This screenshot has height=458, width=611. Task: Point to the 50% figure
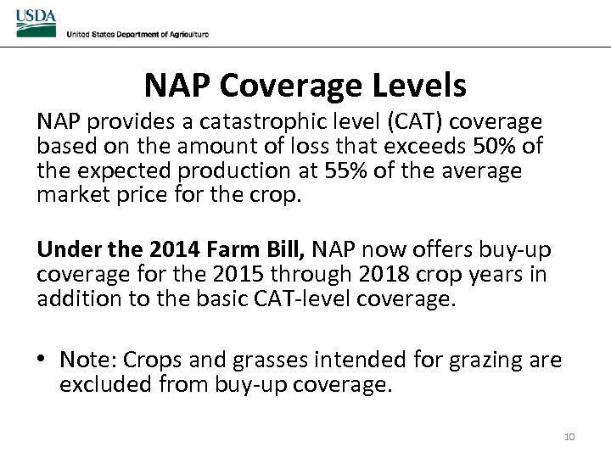[x=496, y=147]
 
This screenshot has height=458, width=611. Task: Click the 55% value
[x=345, y=170]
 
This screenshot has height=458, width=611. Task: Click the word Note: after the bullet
[x=87, y=360]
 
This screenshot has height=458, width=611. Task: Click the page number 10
[x=569, y=437]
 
